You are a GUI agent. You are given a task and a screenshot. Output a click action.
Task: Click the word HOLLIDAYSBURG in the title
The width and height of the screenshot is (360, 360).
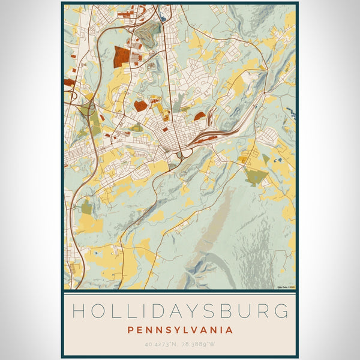click(x=180, y=311)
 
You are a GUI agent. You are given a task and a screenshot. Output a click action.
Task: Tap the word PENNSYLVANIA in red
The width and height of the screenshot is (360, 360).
click(x=180, y=329)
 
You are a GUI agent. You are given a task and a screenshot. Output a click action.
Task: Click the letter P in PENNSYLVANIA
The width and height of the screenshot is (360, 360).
click(x=130, y=329)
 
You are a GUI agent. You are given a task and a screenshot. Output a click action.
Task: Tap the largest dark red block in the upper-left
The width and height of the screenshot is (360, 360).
click(x=122, y=56)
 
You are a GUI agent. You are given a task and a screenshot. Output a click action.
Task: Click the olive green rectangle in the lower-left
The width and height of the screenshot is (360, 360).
click(x=87, y=208)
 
